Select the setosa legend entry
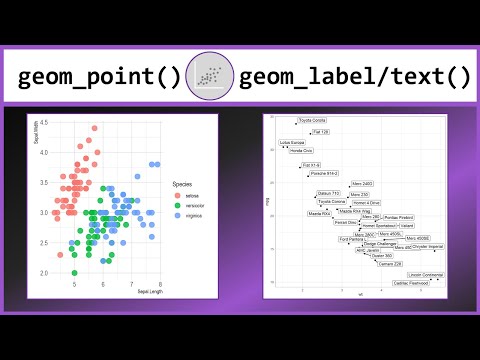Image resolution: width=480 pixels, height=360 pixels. (182, 196)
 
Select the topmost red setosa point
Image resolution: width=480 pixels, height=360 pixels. (94, 128)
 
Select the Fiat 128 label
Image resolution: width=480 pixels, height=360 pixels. (320, 131)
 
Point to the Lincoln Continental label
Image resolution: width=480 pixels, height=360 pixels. (425, 275)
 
